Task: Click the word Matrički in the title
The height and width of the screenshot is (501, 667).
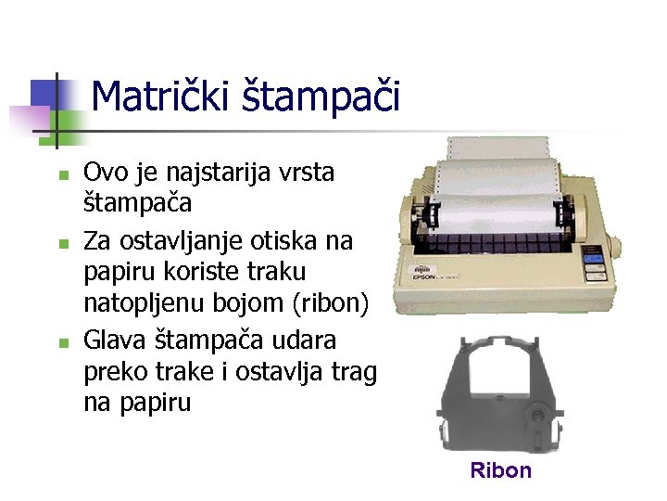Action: point(154,96)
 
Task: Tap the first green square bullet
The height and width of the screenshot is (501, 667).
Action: point(61,174)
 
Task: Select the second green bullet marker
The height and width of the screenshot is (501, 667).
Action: point(61,244)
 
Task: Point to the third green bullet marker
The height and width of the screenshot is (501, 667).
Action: point(61,342)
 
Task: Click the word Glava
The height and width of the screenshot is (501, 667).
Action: point(116,339)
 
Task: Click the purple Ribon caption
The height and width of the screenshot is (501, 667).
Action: point(500,470)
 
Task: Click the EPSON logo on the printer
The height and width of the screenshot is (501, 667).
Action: point(427,276)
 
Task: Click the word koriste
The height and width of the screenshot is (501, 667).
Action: point(208,274)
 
